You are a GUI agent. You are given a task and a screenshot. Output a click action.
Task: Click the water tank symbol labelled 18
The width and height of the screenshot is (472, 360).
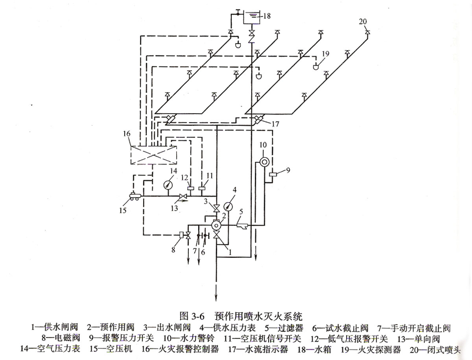(x=252, y=16)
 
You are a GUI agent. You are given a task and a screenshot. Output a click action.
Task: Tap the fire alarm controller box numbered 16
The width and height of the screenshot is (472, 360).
(x=153, y=156)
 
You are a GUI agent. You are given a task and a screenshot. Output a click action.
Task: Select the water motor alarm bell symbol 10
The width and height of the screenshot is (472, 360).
(x=264, y=161)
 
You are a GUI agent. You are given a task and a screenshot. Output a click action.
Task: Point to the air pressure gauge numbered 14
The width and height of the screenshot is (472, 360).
(x=168, y=184)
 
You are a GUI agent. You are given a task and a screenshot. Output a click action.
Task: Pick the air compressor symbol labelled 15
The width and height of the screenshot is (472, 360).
(x=134, y=196)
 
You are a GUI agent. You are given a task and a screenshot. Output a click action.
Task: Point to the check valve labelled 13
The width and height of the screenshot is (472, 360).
(x=184, y=197)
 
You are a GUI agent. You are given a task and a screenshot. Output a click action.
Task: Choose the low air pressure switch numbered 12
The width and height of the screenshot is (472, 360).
(x=190, y=188)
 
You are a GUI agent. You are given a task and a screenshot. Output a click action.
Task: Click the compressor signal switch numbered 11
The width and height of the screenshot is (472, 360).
(x=203, y=188)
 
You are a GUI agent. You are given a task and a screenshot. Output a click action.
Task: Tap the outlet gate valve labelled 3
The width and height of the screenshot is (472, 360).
(x=214, y=210)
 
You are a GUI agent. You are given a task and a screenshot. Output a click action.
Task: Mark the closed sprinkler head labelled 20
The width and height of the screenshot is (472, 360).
(x=368, y=33)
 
